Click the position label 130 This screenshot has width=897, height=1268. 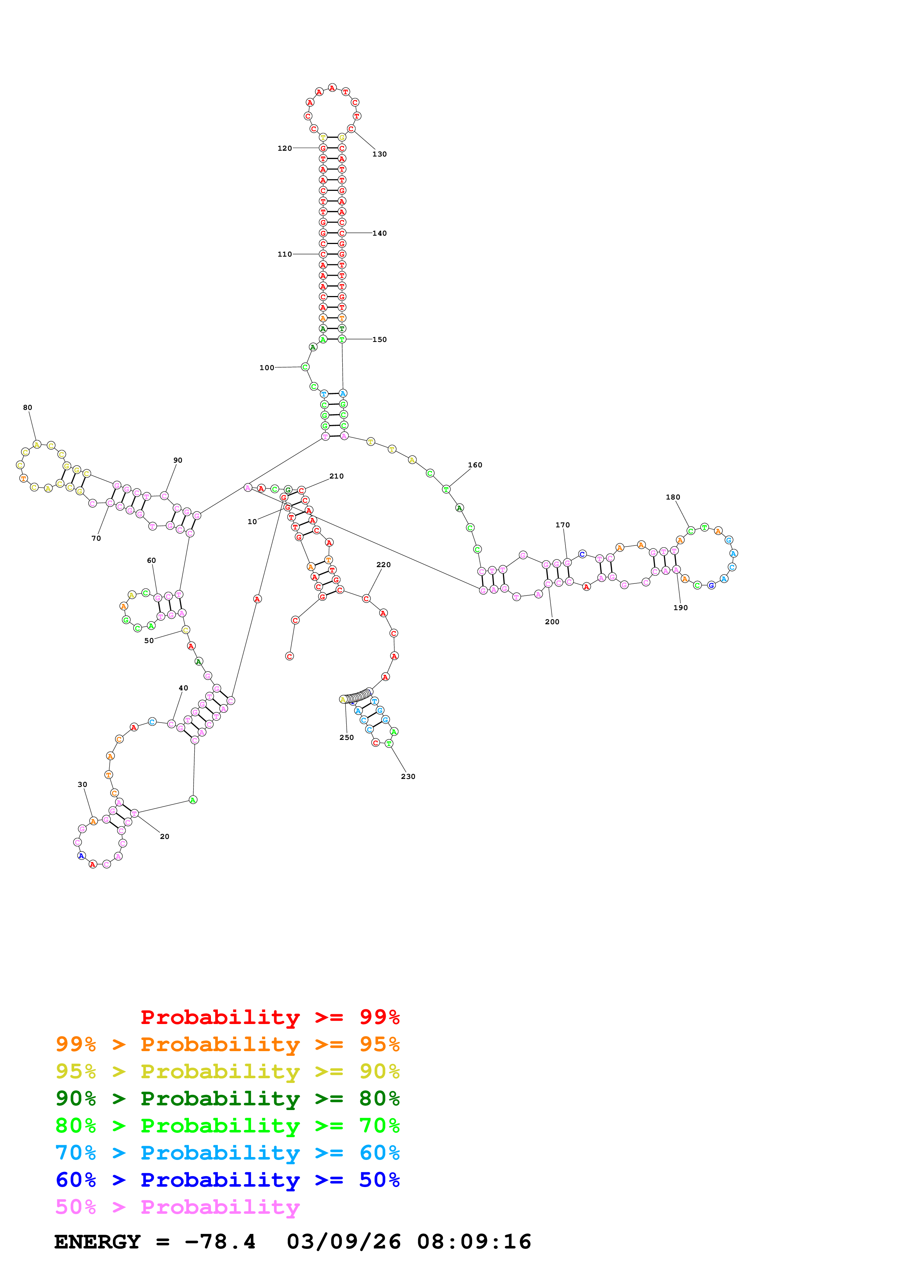(379, 154)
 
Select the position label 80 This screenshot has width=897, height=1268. (27, 408)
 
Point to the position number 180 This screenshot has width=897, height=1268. (673, 497)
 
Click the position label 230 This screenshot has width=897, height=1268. (408, 776)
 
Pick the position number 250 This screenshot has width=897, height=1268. (347, 737)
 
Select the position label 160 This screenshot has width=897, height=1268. (475, 465)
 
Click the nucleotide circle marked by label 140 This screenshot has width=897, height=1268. (342, 233)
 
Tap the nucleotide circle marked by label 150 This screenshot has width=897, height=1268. (342, 339)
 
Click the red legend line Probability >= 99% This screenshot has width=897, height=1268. (270, 1017)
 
